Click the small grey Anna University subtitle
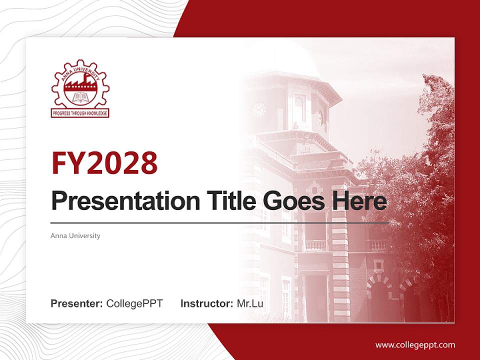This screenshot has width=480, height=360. [x=75, y=235]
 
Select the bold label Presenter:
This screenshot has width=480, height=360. [x=77, y=303]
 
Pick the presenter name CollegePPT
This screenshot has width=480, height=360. [x=134, y=303]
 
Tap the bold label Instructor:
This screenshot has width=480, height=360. [x=206, y=303]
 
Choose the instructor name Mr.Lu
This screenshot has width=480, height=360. [x=250, y=303]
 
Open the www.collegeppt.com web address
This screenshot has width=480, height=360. [x=415, y=344]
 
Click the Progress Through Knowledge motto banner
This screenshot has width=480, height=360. [x=80, y=113]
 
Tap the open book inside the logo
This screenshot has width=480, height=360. [x=80, y=98]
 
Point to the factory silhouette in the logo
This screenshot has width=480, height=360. [x=80, y=86]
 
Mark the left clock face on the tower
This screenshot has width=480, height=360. [x=258, y=109]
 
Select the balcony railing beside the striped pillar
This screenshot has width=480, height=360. [x=315, y=245]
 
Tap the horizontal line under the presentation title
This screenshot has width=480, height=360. [x=220, y=222]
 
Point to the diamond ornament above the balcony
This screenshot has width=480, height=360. [x=314, y=189]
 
